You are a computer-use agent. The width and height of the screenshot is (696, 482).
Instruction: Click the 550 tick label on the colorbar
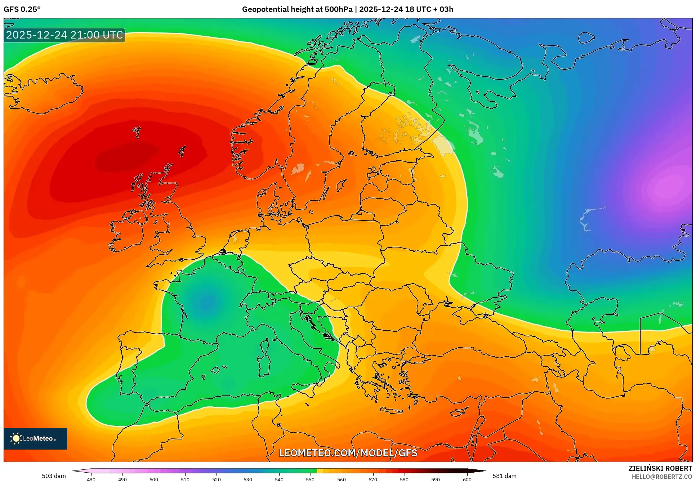tap(310, 479)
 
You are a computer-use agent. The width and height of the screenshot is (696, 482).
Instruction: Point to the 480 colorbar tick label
tap(91, 479)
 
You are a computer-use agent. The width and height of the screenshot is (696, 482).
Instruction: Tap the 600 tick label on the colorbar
tap(467, 479)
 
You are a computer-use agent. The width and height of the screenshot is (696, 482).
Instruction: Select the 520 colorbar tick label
tap(217, 479)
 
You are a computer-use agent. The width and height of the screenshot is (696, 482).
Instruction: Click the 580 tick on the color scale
tap(404, 479)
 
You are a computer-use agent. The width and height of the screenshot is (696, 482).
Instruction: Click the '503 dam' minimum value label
tap(54, 476)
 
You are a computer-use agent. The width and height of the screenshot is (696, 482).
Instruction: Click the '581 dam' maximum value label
tap(504, 476)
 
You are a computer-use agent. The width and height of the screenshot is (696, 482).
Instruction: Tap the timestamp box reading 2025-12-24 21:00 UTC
tap(64, 35)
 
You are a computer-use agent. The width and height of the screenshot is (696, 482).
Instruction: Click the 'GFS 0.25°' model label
tap(22, 9)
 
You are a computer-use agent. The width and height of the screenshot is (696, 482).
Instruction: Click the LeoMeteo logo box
tap(35, 438)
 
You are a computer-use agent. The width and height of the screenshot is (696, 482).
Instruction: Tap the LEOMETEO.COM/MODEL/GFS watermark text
tap(348, 453)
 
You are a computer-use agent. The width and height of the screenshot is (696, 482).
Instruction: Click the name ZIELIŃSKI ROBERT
tap(660, 469)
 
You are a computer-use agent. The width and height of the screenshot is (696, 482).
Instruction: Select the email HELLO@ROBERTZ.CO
tap(662, 477)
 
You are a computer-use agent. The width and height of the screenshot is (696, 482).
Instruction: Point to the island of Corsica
tap(265, 345)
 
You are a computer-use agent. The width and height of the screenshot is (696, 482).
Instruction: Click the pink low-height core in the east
tap(666, 186)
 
